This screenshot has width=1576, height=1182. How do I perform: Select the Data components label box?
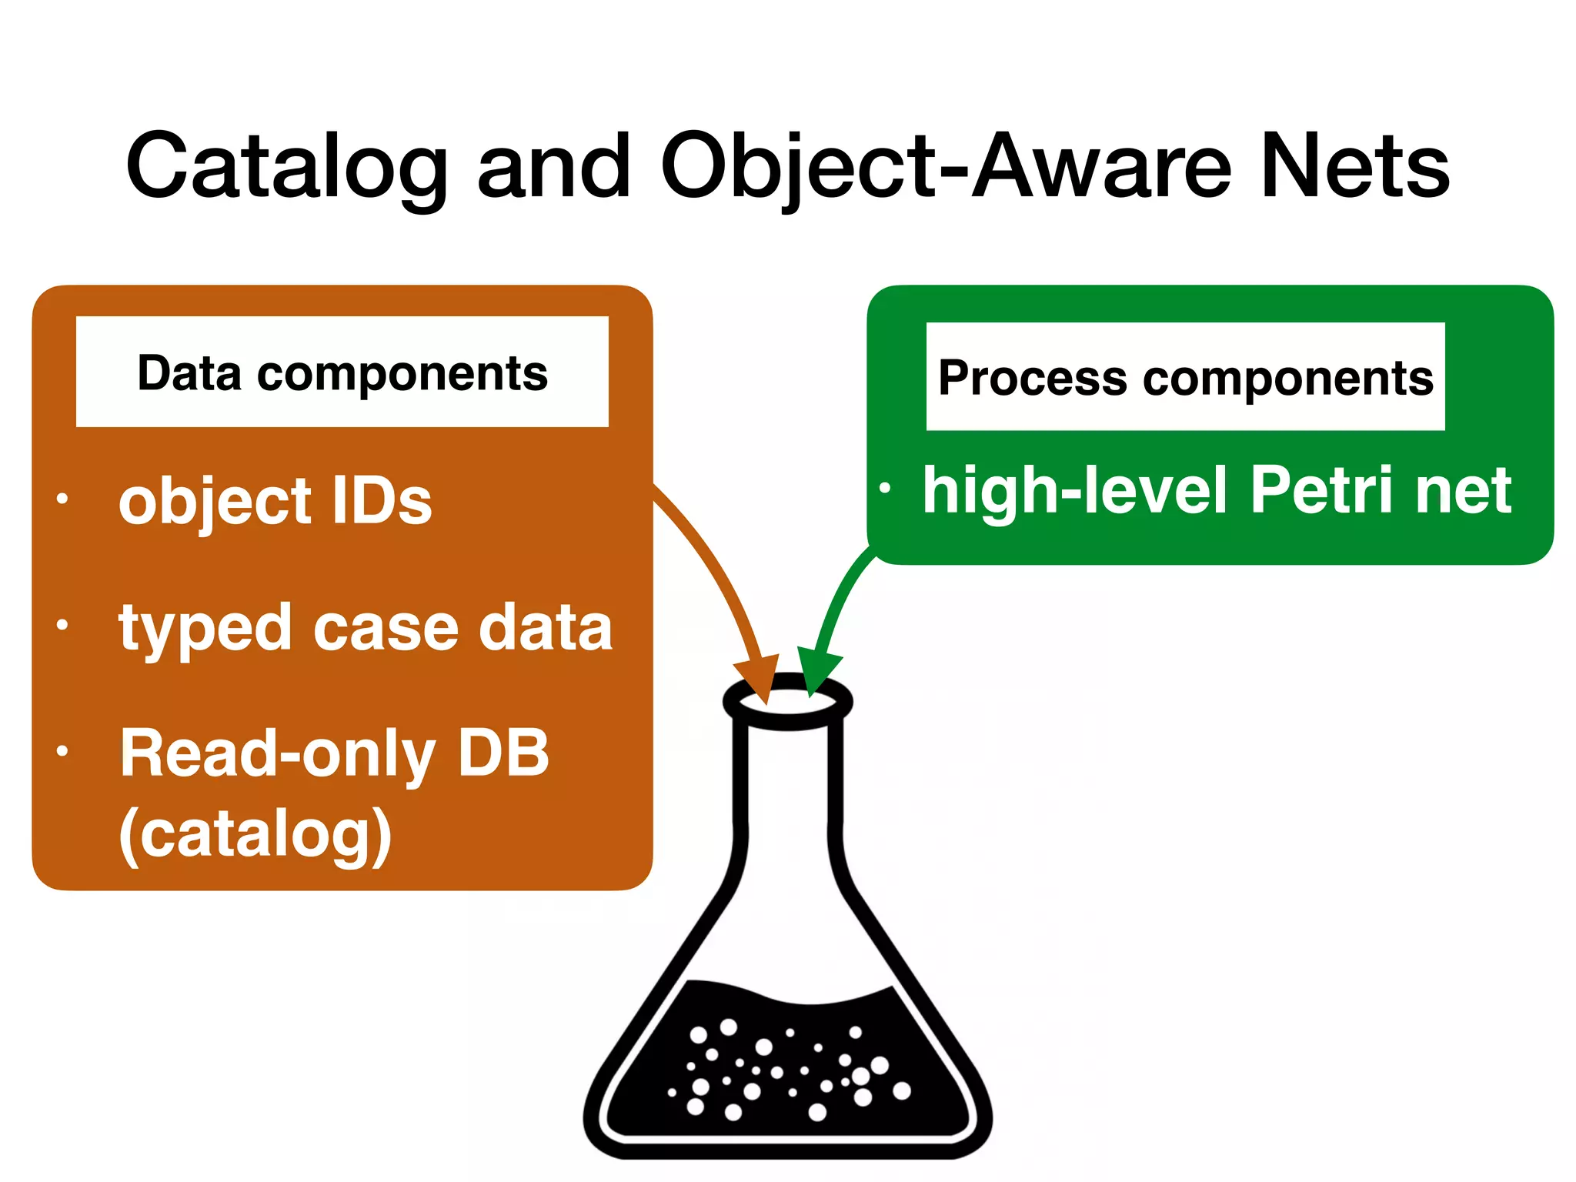point(342,372)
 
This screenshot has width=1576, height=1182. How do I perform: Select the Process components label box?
point(1185,377)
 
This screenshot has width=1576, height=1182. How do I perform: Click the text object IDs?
point(275,502)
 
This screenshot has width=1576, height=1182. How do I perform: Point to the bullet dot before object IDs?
point(62,499)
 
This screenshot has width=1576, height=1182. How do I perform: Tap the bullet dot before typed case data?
point(62,625)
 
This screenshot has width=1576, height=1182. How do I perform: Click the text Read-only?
point(275,754)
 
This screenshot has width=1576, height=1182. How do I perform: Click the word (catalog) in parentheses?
point(255,834)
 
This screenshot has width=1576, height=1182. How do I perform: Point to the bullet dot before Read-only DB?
point(62,751)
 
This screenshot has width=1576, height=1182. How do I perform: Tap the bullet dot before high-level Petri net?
point(885,488)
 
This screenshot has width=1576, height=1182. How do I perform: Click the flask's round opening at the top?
point(788,702)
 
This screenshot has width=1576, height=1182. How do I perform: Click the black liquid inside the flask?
point(793,1077)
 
